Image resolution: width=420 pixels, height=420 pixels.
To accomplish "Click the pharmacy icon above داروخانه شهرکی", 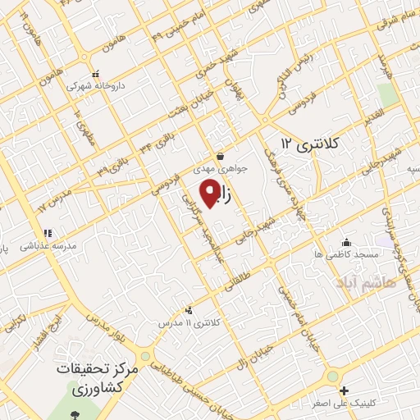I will click(96, 73).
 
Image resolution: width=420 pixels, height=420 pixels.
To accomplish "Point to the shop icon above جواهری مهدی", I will click(220, 156).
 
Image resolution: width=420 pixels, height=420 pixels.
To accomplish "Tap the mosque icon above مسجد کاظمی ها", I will click(346, 242).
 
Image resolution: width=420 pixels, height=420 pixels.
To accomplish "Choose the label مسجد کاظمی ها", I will click(346, 255).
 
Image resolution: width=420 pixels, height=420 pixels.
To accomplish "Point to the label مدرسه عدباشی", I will click(52, 245).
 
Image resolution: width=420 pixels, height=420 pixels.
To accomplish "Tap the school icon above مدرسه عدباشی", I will click(48, 233).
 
